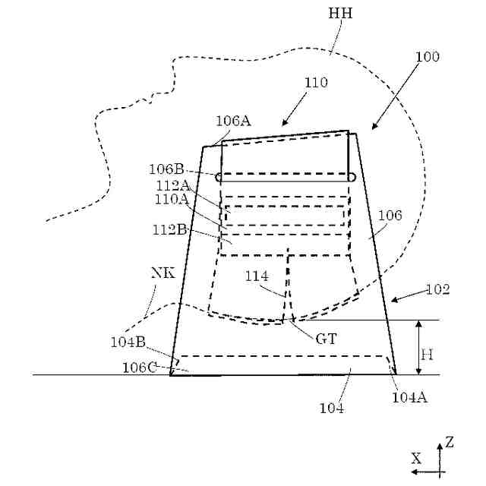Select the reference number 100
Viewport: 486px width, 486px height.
[x=427, y=57]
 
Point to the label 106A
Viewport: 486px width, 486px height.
[x=233, y=121]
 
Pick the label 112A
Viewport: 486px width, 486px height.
[x=172, y=185]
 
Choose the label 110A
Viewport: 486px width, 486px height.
[x=172, y=199]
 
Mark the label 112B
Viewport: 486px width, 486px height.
[x=172, y=229]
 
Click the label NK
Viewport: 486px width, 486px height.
[x=163, y=273]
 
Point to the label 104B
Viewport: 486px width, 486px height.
[x=127, y=342]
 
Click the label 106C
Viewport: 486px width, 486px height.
[x=139, y=368]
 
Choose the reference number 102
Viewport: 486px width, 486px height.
[x=437, y=289]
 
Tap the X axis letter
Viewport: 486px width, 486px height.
[x=416, y=458]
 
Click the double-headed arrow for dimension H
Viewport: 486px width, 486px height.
[x=418, y=347]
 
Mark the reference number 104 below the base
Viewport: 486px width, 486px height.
[x=332, y=409]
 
